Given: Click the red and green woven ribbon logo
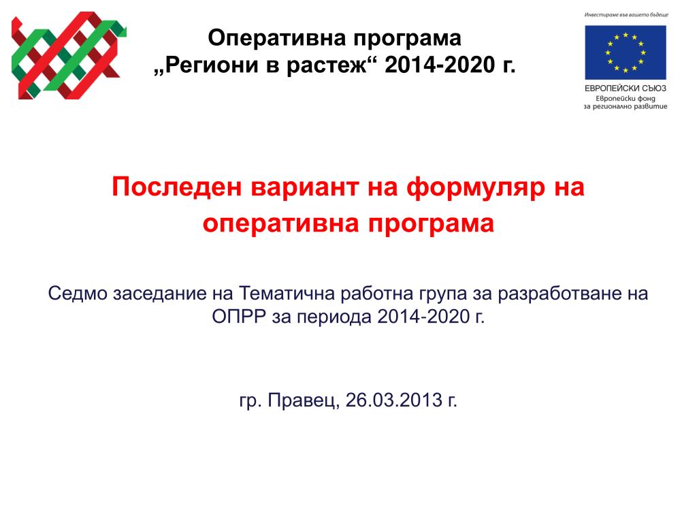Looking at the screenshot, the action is [x=69, y=56].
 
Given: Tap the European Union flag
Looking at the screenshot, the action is [x=625, y=52].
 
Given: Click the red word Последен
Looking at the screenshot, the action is [x=176, y=187].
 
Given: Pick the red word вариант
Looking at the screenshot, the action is [x=305, y=187].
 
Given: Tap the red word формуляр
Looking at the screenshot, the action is [x=476, y=188].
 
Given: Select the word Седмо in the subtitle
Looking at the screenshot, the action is [x=78, y=294].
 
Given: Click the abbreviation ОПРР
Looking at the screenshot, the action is [x=239, y=317].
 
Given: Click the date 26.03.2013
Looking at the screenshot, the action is [x=394, y=400].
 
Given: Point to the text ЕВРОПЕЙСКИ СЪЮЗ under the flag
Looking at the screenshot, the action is [x=625, y=88].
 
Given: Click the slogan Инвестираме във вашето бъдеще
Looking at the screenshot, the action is [x=626, y=15].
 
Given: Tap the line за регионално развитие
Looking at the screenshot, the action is [x=626, y=106].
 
